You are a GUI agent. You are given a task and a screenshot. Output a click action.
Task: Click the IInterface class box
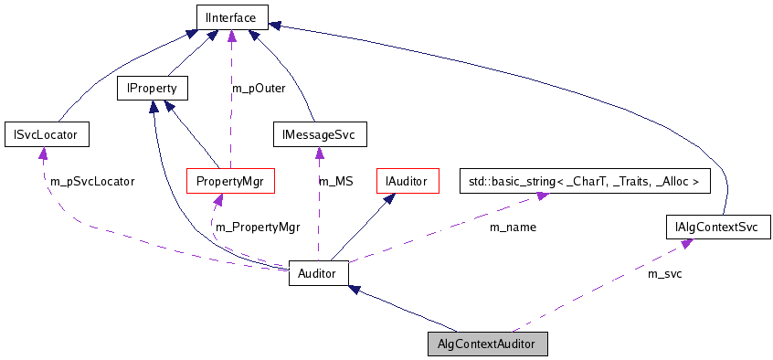pyautogui.click(x=231, y=16)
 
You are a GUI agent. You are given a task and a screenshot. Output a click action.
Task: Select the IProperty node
pyautogui.click(x=152, y=89)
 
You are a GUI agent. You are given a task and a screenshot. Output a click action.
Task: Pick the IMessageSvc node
pyautogui.click(x=319, y=135)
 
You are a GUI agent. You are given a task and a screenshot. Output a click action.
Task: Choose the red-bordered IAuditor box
pyautogui.click(x=408, y=181)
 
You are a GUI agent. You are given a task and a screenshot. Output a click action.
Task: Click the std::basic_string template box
pyautogui.click(x=583, y=181)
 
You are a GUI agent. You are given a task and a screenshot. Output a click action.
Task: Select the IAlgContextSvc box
pyautogui.click(x=718, y=226)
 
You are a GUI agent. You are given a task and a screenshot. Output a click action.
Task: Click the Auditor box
pyautogui.click(x=318, y=272)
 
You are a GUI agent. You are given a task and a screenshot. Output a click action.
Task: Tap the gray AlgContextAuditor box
pyautogui.click(x=488, y=344)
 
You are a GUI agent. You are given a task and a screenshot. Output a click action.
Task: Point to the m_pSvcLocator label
pyautogui.click(x=91, y=182)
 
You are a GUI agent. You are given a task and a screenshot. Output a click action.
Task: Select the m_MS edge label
pyautogui.click(x=335, y=182)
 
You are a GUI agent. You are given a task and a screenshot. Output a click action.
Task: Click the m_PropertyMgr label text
pyautogui.click(x=257, y=225)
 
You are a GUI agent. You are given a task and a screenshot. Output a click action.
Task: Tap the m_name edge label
pyautogui.click(x=513, y=227)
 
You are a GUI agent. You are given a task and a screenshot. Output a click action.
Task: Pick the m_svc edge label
pyautogui.click(x=664, y=273)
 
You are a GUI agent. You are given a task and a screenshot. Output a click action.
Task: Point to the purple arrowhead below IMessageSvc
pyautogui.click(x=319, y=154)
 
